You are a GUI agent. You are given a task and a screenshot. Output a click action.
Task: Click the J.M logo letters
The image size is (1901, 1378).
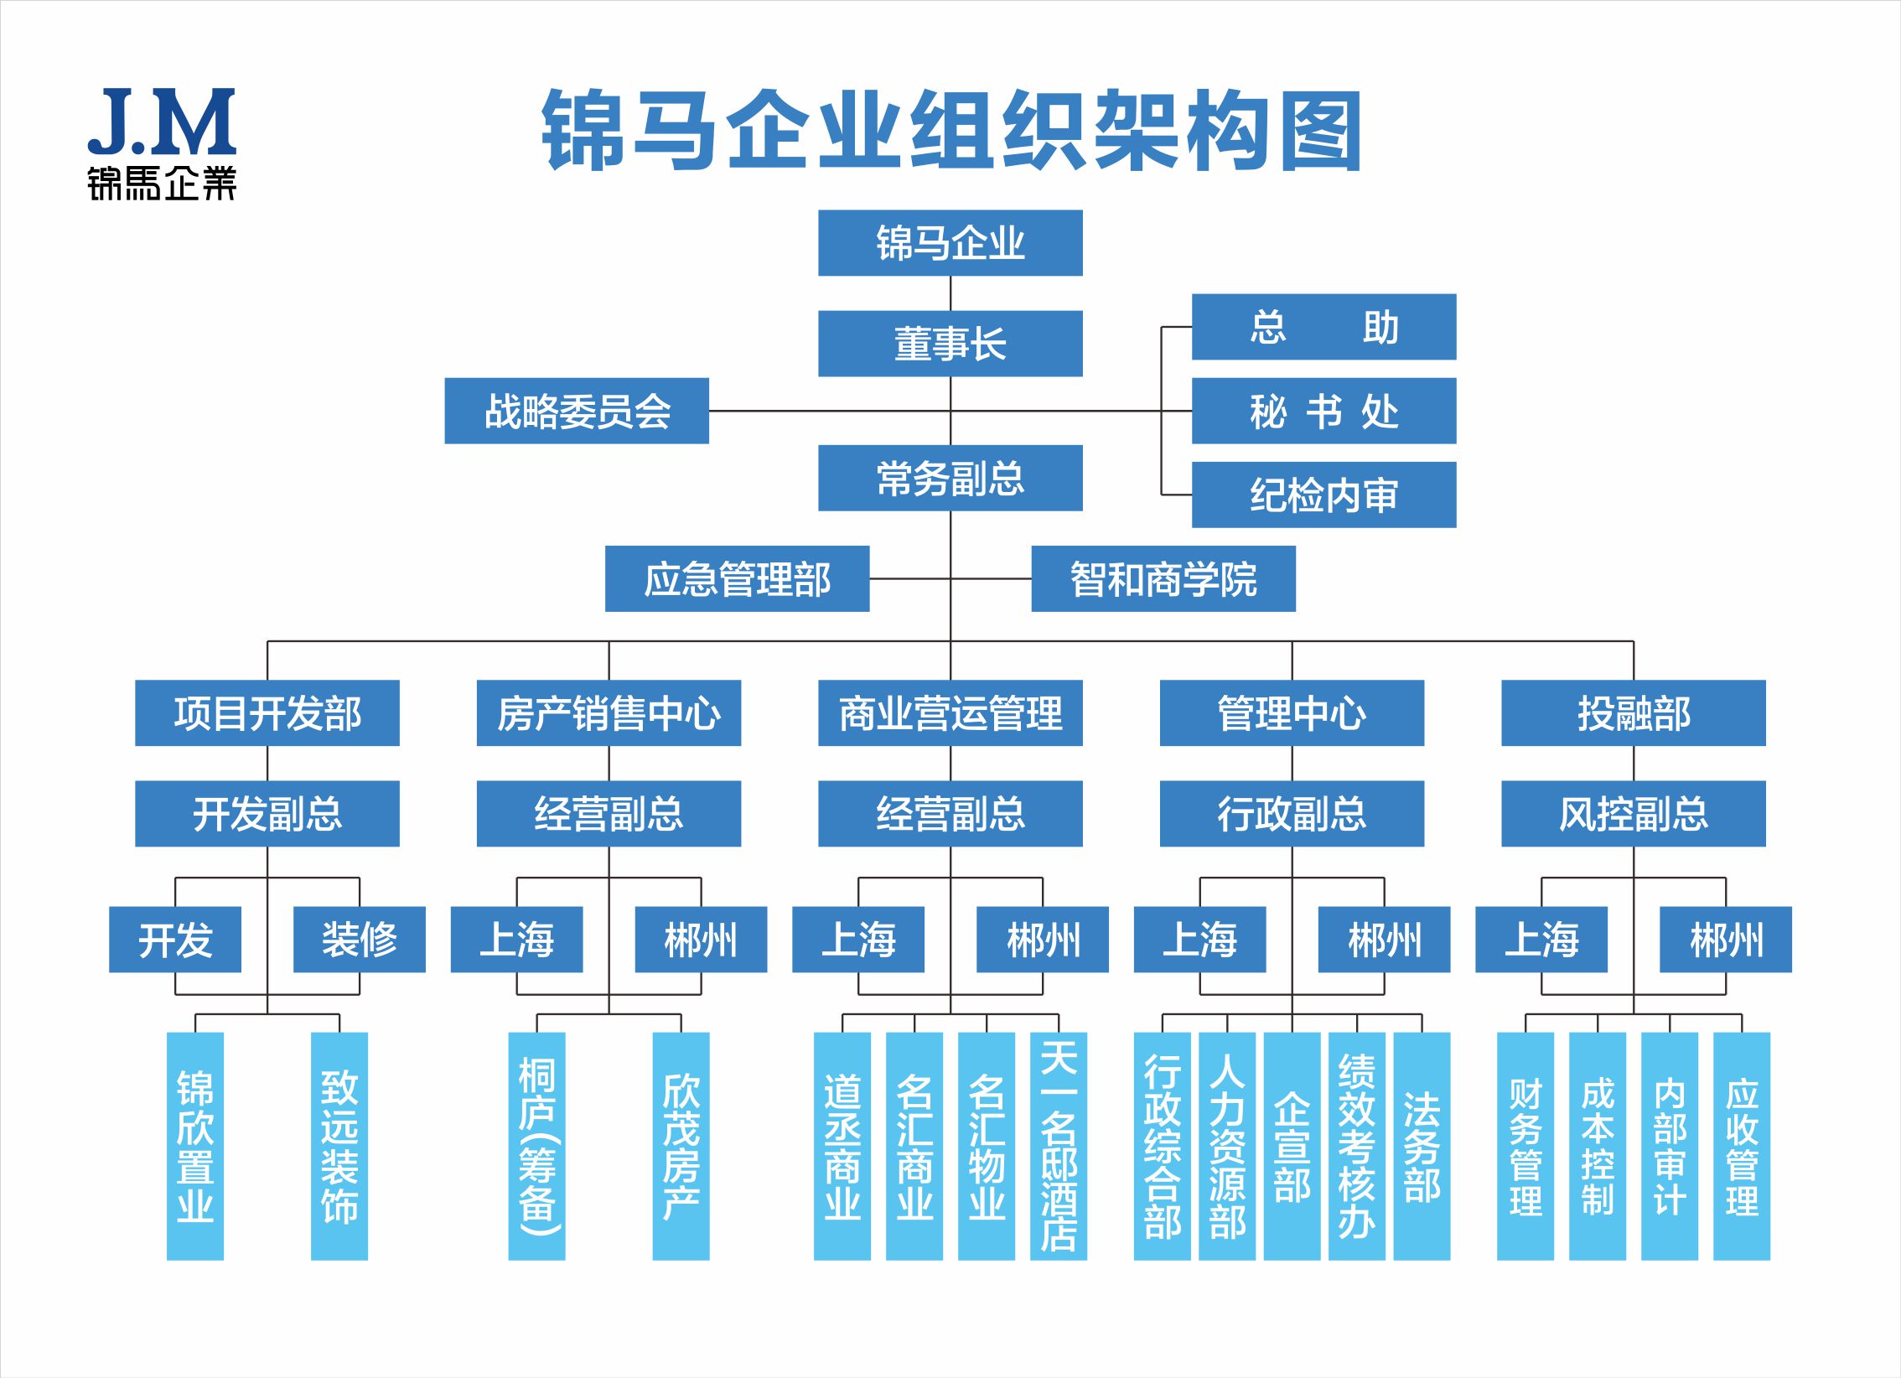pyautogui.click(x=162, y=122)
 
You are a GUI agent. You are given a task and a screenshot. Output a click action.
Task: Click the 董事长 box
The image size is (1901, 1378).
pyautogui.click(x=950, y=344)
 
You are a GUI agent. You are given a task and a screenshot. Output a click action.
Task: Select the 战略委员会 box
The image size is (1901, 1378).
pyautogui.click(x=577, y=411)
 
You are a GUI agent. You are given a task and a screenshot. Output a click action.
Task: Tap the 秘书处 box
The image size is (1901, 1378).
pyautogui.click(x=1323, y=411)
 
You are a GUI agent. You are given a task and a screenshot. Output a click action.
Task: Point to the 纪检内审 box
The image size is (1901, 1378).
pyautogui.click(x=1323, y=495)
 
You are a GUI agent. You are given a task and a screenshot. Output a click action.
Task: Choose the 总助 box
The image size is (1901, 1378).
pyautogui.click(x=1323, y=327)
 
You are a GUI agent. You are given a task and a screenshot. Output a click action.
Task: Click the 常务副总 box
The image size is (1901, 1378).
pyautogui.click(x=950, y=478)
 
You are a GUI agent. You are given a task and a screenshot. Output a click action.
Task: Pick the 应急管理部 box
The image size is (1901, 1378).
pyautogui.click(x=737, y=578)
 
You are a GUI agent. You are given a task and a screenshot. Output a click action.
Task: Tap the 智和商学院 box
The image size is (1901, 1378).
pyautogui.click(x=1163, y=578)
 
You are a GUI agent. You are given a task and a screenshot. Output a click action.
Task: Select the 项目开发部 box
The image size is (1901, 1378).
pyautogui.click(x=267, y=712)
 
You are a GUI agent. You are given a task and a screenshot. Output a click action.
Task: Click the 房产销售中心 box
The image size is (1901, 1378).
pyautogui.click(x=609, y=712)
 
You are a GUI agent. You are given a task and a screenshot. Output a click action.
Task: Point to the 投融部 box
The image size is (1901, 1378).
pyautogui.click(x=1633, y=712)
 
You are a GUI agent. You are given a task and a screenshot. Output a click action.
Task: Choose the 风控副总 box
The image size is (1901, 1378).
pyautogui.click(x=1633, y=813)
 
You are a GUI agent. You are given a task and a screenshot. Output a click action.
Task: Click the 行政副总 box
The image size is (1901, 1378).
pyautogui.click(x=1292, y=813)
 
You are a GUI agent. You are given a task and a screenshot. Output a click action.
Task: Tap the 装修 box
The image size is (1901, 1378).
pyautogui.click(x=359, y=939)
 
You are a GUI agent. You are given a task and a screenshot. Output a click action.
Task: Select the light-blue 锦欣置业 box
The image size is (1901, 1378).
pyautogui.click(x=194, y=1146)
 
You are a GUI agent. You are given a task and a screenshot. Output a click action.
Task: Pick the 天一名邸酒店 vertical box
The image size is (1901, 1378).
pyautogui.click(x=1058, y=1146)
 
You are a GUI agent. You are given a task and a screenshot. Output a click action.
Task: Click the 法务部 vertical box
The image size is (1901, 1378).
pyautogui.click(x=1422, y=1146)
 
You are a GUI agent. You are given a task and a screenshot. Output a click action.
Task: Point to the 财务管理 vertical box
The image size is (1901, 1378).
pyautogui.click(x=1525, y=1146)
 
